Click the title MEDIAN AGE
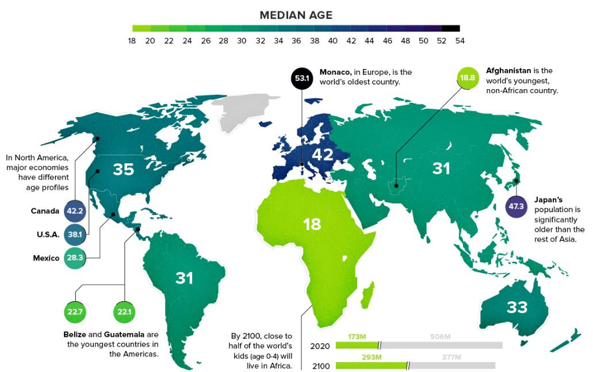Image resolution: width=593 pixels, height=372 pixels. tap(296, 15)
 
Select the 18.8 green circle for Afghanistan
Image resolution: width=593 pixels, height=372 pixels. tap(467, 78)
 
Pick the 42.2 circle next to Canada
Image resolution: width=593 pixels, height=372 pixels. tap(75, 211)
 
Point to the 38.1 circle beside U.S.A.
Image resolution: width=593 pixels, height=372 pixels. tap(75, 235)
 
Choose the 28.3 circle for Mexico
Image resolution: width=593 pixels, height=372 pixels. tap(75, 258)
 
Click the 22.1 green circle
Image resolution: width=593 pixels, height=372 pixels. tap(124, 312)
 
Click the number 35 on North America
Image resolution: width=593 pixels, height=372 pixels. tap(124, 169)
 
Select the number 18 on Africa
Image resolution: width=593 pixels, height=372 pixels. tap(312, 224)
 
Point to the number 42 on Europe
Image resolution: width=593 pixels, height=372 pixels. tap(323, 155)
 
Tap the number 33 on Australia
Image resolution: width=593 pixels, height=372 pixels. tap(517, 307)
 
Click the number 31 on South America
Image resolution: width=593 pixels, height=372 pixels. tap(184, 278)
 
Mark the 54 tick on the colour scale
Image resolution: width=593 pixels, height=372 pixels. tap(460, 41)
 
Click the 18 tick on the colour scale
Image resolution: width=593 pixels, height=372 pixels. tap(132, 41)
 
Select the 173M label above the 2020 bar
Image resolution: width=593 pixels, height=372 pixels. tap(357, 336)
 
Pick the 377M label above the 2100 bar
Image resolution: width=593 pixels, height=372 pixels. tap(452, 357)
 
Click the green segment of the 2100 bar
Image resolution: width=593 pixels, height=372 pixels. tap(370, 366)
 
